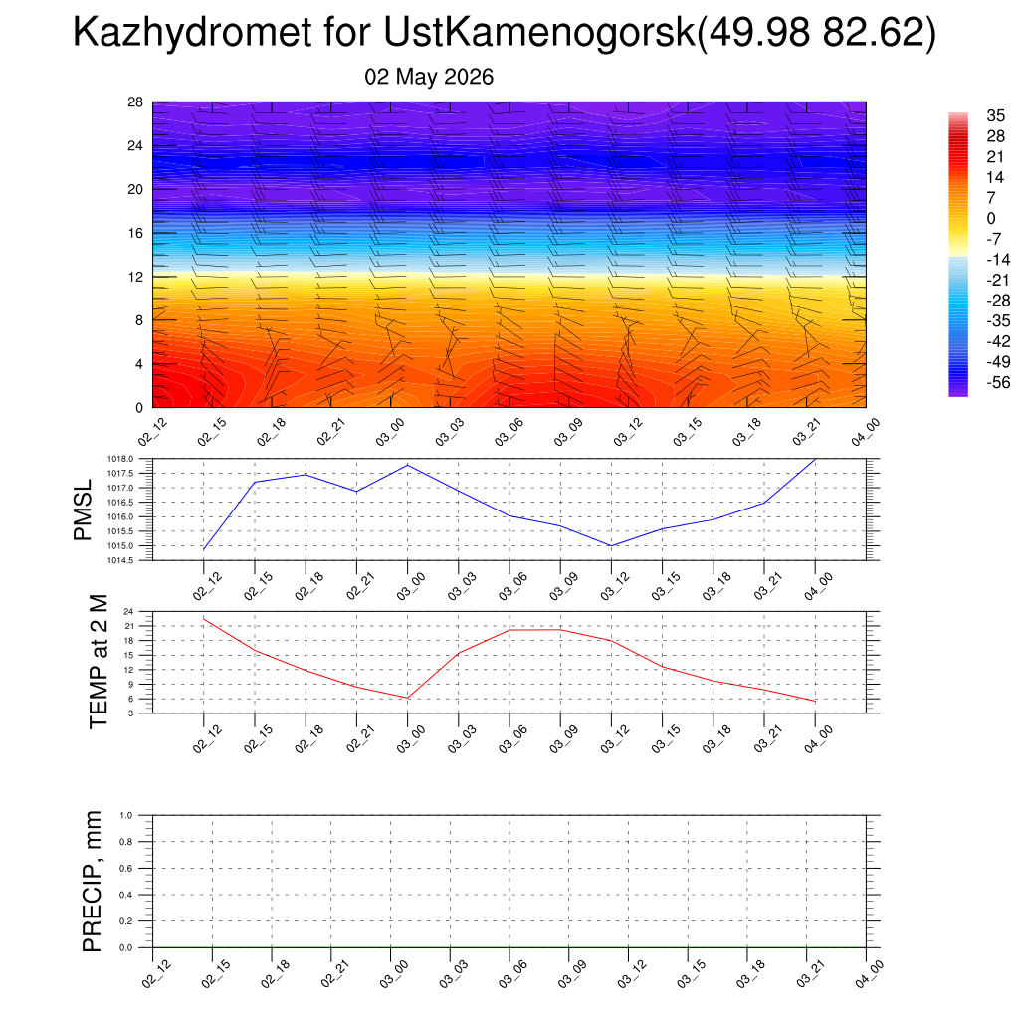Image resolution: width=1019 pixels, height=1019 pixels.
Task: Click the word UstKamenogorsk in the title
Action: pyautogui.click(x=539, y=32)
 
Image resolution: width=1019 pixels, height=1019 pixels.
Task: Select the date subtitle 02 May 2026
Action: pyautogui.click(x=429, y=77)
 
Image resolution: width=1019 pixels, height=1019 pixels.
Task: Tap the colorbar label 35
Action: pyautogui.click(x=995, y=115)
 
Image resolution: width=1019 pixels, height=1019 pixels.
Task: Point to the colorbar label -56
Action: pyautogui.click(x=998, y=382)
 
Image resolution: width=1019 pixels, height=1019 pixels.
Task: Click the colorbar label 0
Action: pyautogui.click(x=991, y=218)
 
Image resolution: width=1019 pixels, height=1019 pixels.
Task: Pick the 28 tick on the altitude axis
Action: pyautogui.click(x=135, y=102)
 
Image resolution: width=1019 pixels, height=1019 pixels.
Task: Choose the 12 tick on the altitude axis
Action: pyautogui.click(x=135, y=277)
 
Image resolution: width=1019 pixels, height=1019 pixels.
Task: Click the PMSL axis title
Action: pyautogui.click(x=83, y=510)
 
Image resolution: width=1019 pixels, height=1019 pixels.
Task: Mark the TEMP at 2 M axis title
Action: pyautogui.click(x=99, y=662)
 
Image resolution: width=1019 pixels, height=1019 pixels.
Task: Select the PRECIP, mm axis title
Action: pyautogui.click(x=93, y=882)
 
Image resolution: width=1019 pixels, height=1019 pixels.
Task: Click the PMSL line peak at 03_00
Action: pyautogui.click(x=407, y=465)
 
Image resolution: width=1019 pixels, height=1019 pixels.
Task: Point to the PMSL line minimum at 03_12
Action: pyautogui.click(x=611, y=546)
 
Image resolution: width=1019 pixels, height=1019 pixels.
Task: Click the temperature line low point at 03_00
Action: pyautogui.click(x=407, y=698)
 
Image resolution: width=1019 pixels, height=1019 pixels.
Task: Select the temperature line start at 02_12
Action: pyautogui.click(x=204, y=619)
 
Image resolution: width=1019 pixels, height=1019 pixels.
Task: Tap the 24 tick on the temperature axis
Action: pyautogui.click(x=128, y=612)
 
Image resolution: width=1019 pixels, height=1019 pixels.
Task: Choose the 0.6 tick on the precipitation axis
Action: pyautogui.click(x=126, y=868)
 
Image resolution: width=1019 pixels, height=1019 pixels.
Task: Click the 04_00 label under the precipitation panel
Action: pyautogui.click(x=868, y=975)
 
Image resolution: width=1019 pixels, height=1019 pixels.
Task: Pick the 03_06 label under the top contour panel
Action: pyautogui.click(x=509, y=432)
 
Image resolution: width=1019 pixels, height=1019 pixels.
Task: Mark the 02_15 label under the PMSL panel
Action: pyautogui.click(x=258, y=586)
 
